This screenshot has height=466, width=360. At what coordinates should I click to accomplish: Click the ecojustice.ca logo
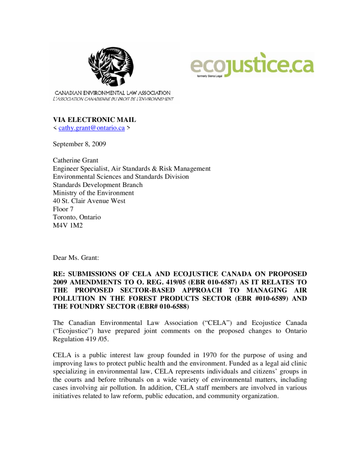(x=252, y=65)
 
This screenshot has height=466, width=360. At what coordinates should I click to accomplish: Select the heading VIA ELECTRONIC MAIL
(x=95, y=120)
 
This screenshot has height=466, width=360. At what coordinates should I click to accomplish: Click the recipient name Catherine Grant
(x=75, y=160)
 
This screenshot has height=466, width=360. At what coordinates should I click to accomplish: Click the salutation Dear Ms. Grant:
(x=76, y=258)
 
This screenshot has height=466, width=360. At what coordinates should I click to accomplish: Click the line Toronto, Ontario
(x=77, y=217)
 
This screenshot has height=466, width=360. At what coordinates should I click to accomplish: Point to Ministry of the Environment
(x=93, y=193)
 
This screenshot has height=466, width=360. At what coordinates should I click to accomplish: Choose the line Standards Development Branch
(x=98, y=185)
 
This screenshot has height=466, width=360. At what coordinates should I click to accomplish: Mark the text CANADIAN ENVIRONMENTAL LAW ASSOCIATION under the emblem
(x=113, y=93)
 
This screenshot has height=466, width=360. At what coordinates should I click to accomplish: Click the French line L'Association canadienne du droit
(x=113, y=99)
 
